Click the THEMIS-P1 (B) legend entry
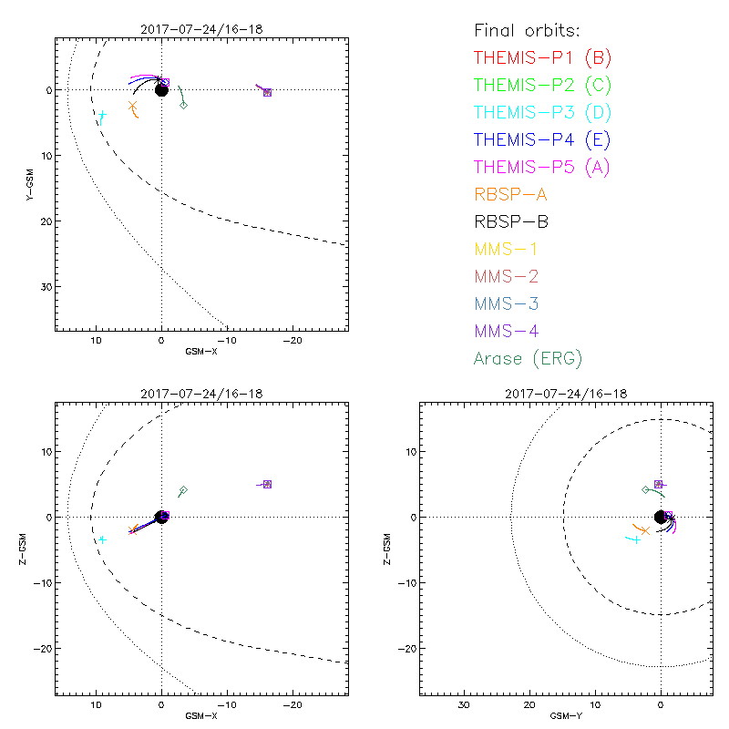542,57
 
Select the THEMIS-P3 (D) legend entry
542,112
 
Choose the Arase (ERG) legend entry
528,358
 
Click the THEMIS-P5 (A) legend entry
542,167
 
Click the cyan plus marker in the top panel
102,116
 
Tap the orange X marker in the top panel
133,106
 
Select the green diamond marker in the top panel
184,105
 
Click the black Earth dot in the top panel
161,89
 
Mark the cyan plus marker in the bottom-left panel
102,539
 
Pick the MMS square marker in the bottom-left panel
267,484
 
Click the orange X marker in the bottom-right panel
645,530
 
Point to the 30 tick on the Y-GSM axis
45,286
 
